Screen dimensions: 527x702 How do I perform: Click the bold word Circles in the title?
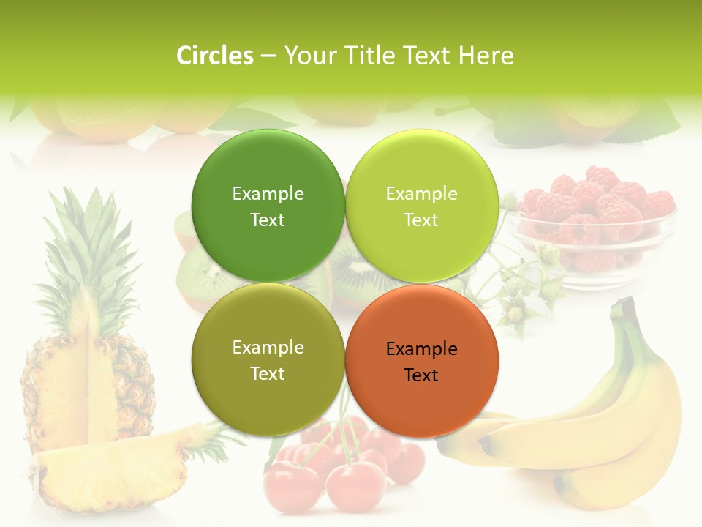click(x=215, y=56)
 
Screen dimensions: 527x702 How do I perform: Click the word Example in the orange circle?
click(x=421, y=349)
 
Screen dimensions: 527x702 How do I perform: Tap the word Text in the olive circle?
click(x=268, y=374)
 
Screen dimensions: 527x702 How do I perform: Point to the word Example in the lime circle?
click(x=421, y=194)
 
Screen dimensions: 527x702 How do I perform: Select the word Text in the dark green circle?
click(x=268, y=220)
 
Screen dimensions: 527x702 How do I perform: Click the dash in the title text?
click(x=268, y=56)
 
